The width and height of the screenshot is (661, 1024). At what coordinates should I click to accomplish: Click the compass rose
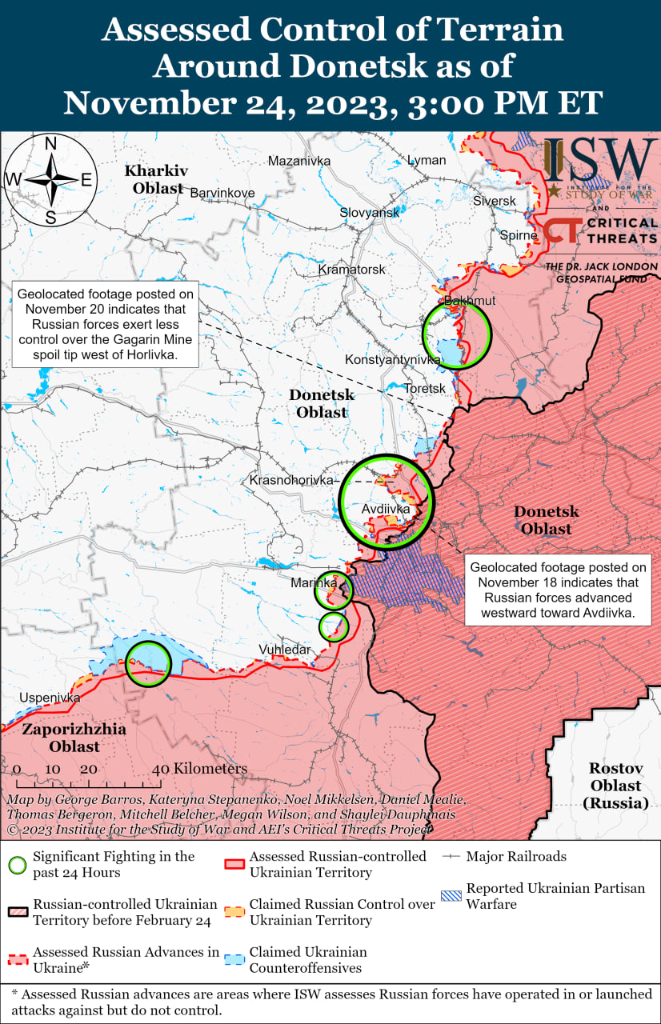50,180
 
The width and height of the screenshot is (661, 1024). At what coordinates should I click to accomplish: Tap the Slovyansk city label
369,213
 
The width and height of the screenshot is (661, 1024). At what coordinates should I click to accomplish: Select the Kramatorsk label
351,270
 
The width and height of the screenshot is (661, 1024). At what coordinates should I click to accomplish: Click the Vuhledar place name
284,650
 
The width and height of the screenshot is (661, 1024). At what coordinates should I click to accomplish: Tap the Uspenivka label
50,698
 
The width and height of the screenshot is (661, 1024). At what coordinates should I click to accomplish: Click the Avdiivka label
386,509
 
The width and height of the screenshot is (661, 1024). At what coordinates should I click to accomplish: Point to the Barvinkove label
222,193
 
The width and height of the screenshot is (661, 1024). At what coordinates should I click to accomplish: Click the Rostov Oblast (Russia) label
616,785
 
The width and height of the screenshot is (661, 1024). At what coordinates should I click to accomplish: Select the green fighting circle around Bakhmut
456,335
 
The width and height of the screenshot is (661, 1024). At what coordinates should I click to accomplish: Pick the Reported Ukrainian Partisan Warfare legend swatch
453,896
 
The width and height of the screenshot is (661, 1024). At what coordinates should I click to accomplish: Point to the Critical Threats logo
600,232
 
